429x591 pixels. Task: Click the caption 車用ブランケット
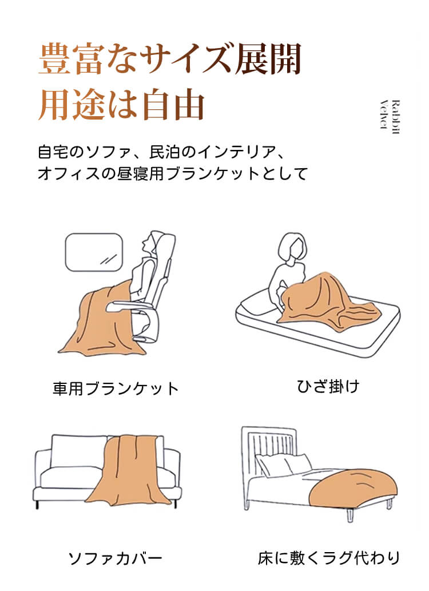[116, 388]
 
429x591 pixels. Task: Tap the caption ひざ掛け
[328, 386]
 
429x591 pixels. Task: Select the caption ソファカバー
[116, 558]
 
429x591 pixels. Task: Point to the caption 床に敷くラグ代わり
[328, 558]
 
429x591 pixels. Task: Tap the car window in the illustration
[94, 252]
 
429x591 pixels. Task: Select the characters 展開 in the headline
[268, 59]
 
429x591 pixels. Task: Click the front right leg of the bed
[350, 515]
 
